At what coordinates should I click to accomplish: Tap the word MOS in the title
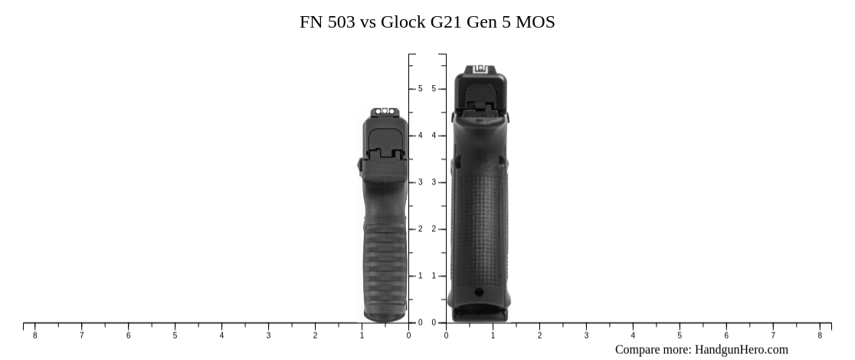tap(535, 22)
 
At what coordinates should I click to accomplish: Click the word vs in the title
tap(369, 22)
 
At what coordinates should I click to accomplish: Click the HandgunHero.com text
tap(741, 350)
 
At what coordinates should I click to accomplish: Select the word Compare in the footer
tap(640, 350)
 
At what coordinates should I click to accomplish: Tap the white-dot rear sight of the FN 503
tap(385, 113)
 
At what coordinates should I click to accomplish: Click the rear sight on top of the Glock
tap(481, 69)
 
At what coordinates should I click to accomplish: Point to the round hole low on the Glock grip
tap(479, 292)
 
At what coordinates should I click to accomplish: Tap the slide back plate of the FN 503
tap(385, 144)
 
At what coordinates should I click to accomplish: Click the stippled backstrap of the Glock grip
tap(479, 214)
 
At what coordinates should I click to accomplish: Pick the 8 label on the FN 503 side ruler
tap(34, 335)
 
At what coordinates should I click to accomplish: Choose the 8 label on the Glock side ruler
tap(820, 335)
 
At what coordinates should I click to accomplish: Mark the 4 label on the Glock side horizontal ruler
tap(633, 335)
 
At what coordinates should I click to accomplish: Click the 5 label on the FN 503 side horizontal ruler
tap(175, 335)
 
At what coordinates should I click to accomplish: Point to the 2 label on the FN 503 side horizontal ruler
tap(315, 335)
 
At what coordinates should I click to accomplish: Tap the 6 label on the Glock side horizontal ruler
tap(726, 335)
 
